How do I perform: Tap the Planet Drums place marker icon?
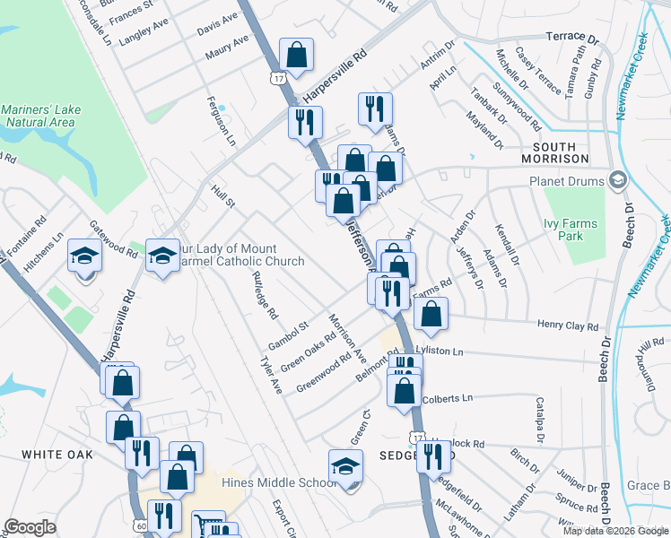point(617,180)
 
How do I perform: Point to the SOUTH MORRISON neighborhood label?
point(561,152)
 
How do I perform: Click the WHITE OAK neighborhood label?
point(57,455)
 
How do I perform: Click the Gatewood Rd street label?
point(113,240)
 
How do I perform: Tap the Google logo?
point(30,527)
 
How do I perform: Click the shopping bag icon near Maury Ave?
point(295,56)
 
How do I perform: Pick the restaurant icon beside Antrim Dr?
point(374,108)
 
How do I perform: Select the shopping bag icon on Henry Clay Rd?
point(431,313)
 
